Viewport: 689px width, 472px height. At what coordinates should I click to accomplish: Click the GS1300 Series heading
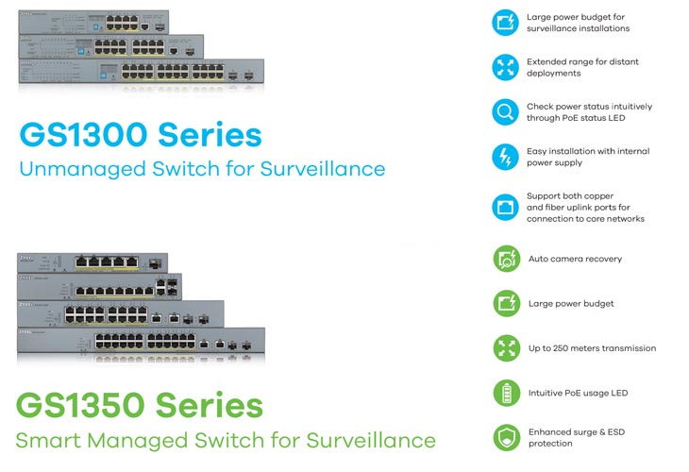click(x=141, y=134)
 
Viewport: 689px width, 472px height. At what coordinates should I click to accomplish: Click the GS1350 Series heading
click(x=140, y=405)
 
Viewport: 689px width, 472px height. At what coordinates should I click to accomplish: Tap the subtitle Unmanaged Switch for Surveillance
click(x=202, y=169)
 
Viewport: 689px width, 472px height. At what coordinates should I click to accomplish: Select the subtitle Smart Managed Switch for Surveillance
click(x=226, y=440)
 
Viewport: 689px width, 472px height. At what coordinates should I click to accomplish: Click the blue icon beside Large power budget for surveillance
click(x=505, y=23)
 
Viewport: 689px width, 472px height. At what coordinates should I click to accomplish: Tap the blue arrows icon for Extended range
click(x=505, y=67)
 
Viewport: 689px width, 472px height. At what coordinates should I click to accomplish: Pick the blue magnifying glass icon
click(x=505, y=112)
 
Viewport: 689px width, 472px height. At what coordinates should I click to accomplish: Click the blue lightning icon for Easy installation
click(x=505, y=157)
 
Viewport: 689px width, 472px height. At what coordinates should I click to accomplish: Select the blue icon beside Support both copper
click(x=505, y=207)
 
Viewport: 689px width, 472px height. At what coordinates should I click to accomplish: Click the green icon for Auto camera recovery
click(x=507, y=259)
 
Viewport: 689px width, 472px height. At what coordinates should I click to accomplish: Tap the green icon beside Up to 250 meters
click(x=507, y=348)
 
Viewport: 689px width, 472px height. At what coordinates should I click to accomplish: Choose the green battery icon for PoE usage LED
click(x=507, y=393)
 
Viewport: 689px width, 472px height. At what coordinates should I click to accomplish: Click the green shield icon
click(x=507, y=437)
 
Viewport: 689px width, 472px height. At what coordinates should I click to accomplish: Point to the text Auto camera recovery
click(x=575, y=259)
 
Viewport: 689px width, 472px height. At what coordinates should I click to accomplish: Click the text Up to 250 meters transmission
click(x=592, y=348)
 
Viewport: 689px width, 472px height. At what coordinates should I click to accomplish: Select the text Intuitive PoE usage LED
click(x=578, y=393)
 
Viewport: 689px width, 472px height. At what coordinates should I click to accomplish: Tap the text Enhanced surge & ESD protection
click(x=577, y=438)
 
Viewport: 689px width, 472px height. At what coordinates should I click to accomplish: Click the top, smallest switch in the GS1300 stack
click(x=93, y=22)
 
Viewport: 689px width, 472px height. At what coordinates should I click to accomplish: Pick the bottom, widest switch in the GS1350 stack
click(x=141, y=340)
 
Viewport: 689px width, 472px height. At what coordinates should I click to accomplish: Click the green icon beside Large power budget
click(x=507, y=303)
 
